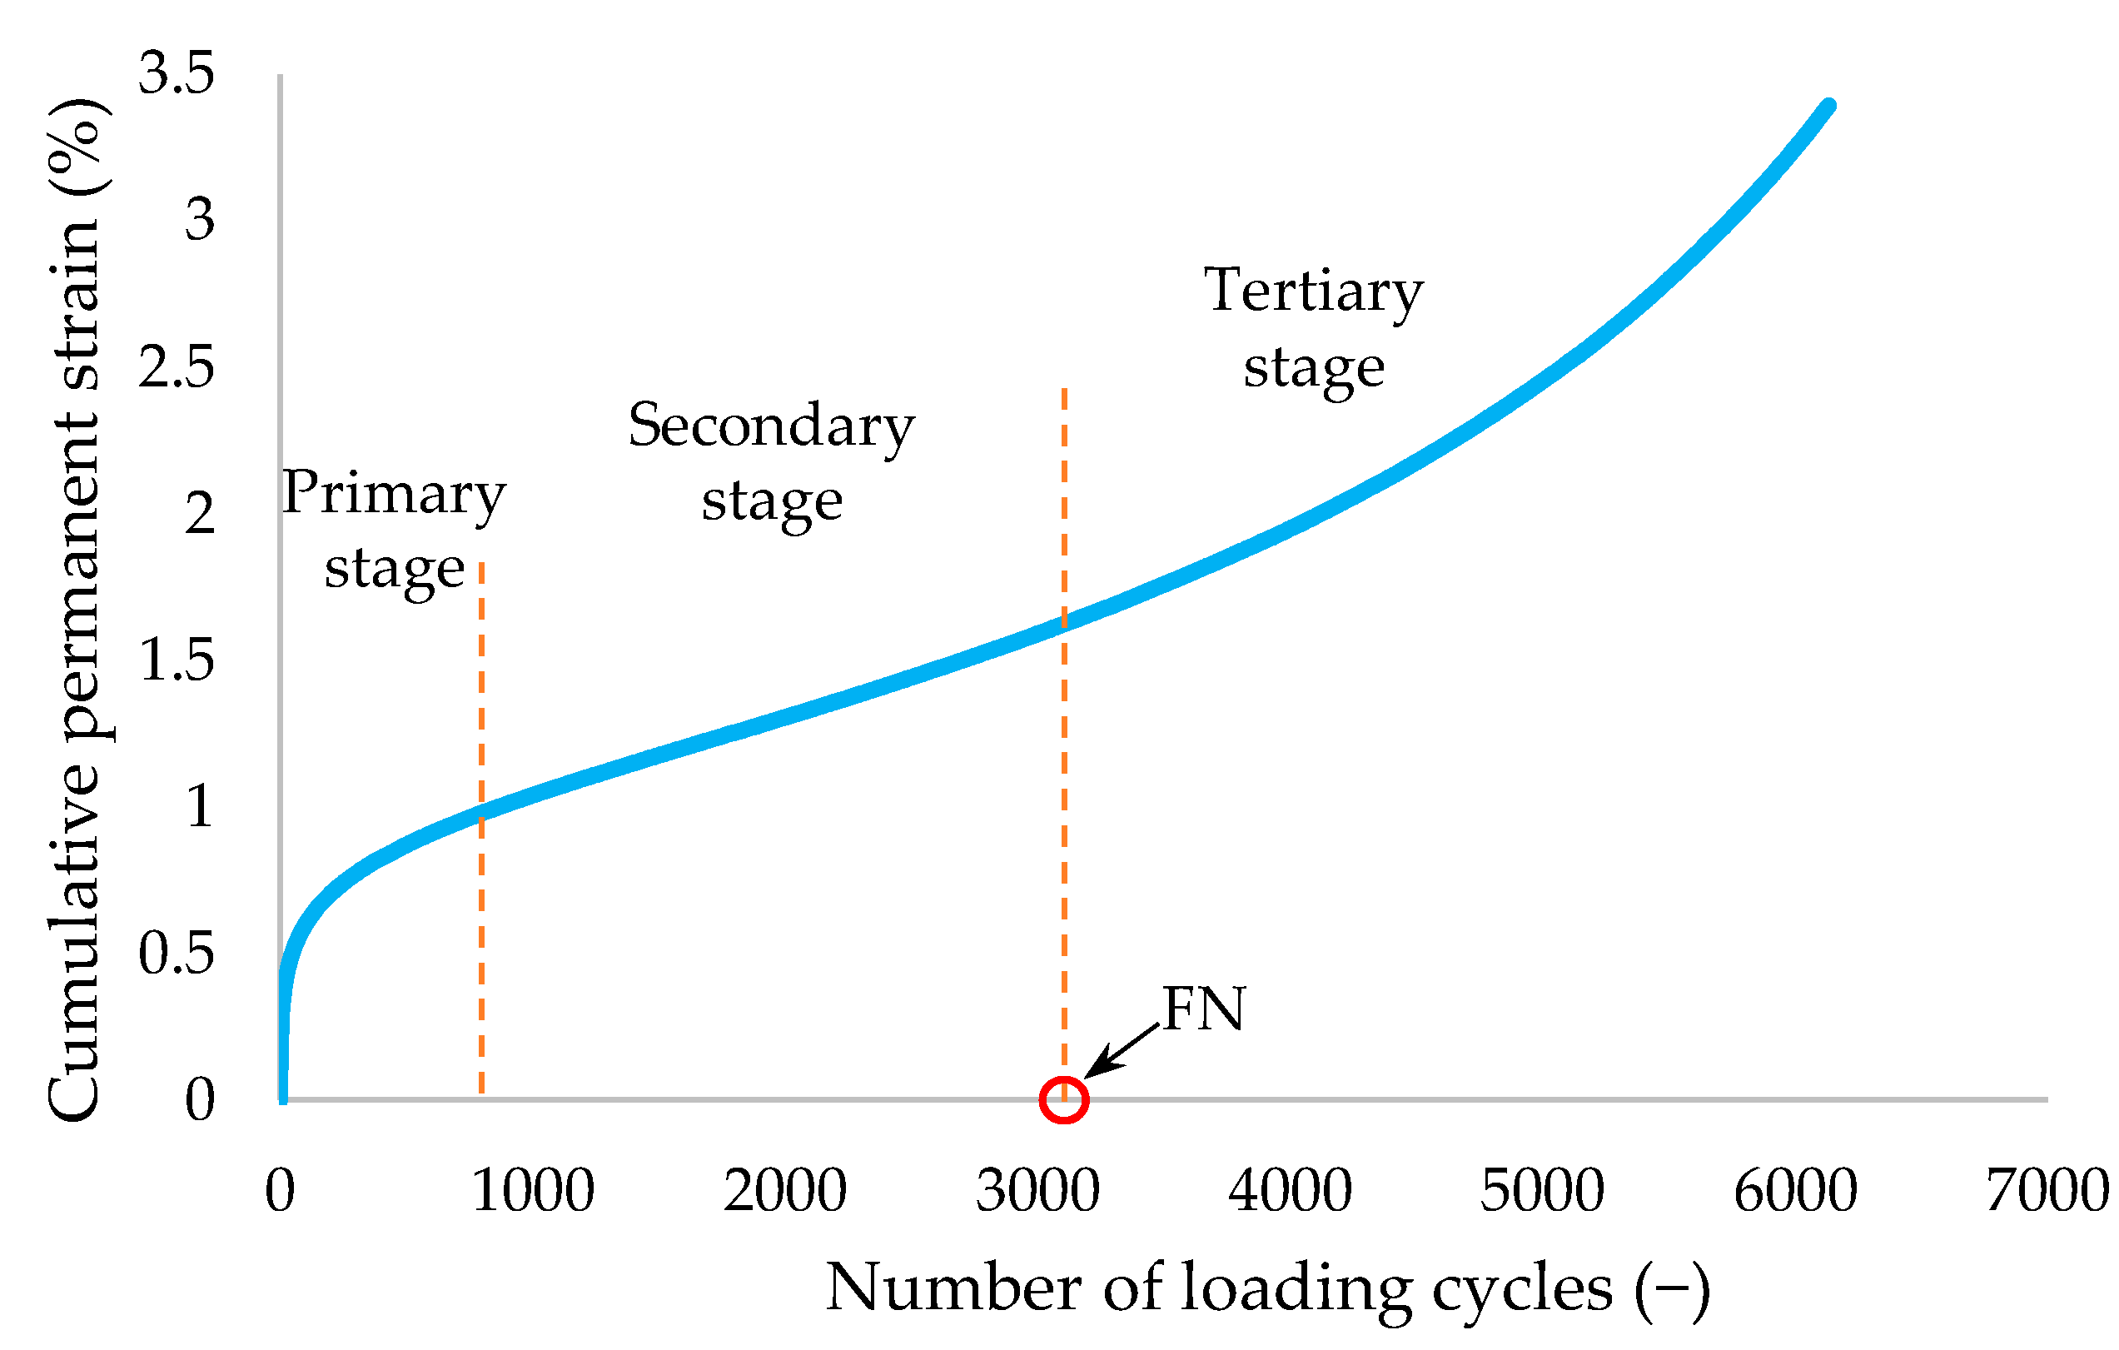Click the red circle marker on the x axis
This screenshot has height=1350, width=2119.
coord(1064,1100)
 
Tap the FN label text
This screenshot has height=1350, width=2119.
coord(1203,1009)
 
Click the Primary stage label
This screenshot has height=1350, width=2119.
coord(393,530)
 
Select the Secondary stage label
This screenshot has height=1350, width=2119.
coord(771,462)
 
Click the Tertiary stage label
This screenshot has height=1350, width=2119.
coord(1313,327)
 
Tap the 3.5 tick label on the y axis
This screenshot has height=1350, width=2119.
coord(176,73)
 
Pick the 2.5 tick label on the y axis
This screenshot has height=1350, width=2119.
coord(176,367)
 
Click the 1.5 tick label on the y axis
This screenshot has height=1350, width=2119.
coord(176,660)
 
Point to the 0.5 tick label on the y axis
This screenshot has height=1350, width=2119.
coord(176,953)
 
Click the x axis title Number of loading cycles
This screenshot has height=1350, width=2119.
coord(1267,1288)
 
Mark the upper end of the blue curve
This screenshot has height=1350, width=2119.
coord(1828,106)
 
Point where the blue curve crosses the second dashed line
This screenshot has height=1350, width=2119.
coord(1064,622)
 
